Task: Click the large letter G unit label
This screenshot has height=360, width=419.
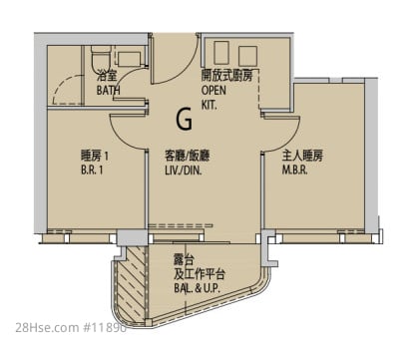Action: (185, 119)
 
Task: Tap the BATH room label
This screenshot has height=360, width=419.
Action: (109, 90)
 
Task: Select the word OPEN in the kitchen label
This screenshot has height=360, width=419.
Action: (213, 90)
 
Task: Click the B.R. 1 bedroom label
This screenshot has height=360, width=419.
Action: (92, 171)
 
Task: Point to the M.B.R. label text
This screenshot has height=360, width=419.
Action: (295, 170)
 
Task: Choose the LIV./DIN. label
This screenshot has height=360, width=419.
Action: (184, 171)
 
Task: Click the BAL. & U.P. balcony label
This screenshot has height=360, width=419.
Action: (197, 288)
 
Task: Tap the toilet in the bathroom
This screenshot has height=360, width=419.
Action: (100, 57)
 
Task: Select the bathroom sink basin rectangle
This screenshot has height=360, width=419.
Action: (129, 59)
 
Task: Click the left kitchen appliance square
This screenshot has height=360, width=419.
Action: (221, 53)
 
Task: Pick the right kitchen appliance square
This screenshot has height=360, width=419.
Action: (247, 56)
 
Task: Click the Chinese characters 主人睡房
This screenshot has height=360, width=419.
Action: (302, 156)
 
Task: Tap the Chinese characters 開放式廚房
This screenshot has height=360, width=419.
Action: (226, 76)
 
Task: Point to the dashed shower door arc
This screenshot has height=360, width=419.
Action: (65, 87)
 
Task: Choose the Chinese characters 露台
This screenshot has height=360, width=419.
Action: (184, 260)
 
